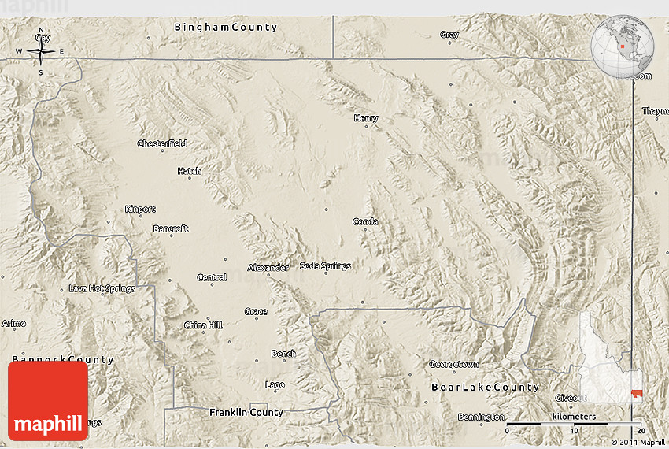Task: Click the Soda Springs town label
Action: [x=325, y=266]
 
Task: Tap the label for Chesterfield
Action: [x=161, y=143]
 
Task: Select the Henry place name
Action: [x=366, y=118]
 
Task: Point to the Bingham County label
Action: [x=225, y=28]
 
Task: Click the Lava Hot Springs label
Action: [x=102, y=288]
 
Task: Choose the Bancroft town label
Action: [x=171, y=228]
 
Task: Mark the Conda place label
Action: [x=365, y=221]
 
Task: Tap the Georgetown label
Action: [x=454, y=364]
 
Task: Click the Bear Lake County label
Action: [x=486, y=388]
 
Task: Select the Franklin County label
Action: [x=246, y=412]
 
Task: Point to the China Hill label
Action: [x=203, y=325]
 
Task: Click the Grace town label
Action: [x=256, y=311]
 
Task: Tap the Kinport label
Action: [x=140, y=209]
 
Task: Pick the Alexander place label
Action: [x=268, y=268]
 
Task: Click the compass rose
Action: [x=41, y=53]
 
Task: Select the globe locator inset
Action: [x=623, y=45]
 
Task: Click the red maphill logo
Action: [x=48, y=401]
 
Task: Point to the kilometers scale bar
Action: [x=574, y=425]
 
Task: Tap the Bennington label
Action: [x=481, y=417]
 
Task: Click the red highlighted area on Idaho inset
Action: [x=636, y=393]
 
